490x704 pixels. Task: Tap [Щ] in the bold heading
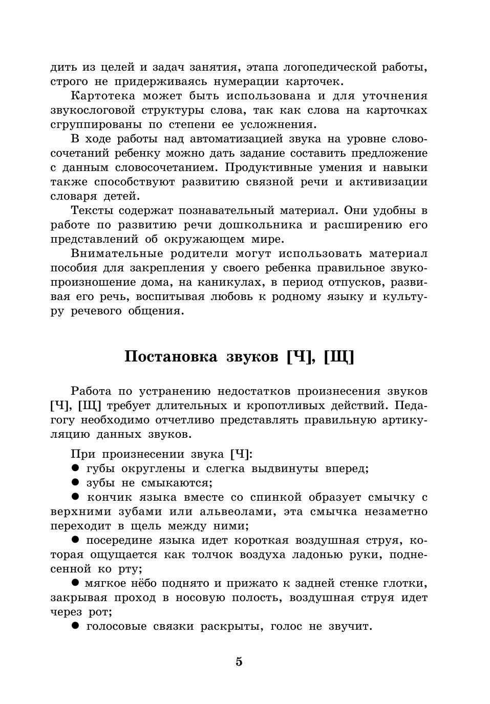tap(338, 357)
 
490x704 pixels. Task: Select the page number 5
tap(239, 662)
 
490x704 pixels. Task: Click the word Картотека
tap(103, 96)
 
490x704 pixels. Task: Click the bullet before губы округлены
tap(75, 468)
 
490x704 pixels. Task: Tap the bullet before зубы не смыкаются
tap(75, 482)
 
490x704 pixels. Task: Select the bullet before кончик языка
tap(75, 497)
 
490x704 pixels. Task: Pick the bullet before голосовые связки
tap(75, 626)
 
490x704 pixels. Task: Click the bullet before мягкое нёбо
tap(75, 583)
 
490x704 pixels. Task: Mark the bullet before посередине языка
tap(75, 540)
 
